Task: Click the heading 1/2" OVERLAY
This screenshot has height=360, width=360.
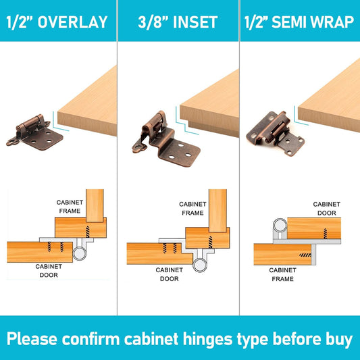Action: pos(57,22)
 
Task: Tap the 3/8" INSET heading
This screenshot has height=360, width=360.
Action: pos(178,22)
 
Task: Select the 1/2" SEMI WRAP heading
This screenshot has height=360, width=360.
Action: pos(299,22)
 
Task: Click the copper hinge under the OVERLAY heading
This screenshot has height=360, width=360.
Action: pos(34,132)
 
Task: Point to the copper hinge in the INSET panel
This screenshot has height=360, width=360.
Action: pos(166,139)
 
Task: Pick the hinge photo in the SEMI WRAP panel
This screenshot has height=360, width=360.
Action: pos(276,134)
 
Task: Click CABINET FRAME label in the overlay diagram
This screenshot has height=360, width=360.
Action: pos(70,207)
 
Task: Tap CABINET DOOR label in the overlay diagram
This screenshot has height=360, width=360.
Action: pos(49,271)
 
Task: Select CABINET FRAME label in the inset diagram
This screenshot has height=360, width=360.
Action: pos(192,209)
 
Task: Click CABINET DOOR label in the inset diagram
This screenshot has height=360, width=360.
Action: pos(170,274)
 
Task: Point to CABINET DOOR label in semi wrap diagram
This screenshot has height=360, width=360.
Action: pos(327,209)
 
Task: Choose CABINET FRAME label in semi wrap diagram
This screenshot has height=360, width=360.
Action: pos(282,274)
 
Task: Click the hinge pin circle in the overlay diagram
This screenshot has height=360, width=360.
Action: pos(80,253)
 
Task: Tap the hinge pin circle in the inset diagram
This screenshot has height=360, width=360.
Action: pos(200,265)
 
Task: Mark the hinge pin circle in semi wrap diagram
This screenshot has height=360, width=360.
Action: pos(280,225)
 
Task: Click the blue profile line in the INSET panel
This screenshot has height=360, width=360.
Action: pos(187,120)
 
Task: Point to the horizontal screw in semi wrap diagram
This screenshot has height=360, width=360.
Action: pos(305,255)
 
